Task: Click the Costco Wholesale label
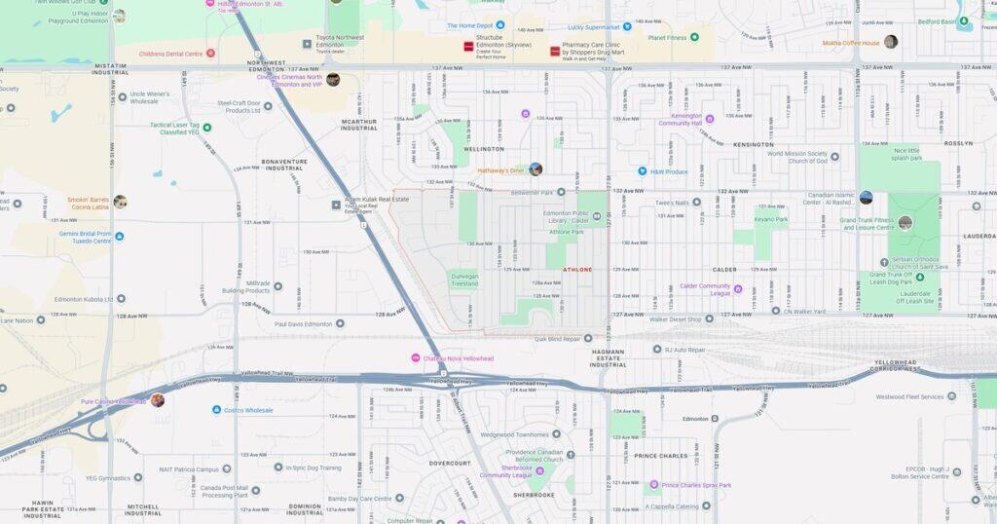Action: (249, 410)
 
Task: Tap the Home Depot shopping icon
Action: (500, 25)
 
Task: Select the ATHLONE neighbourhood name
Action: (577, 269)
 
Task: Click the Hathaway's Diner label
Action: (500, 170)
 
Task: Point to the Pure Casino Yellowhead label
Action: (113, 401)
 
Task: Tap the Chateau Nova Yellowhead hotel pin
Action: (416, 358)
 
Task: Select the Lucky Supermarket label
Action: (594, 27)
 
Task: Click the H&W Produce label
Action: (669, 171)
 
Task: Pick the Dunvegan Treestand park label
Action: (463, 278)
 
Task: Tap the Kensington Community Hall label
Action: (680, 120)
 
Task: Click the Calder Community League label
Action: (705, 288)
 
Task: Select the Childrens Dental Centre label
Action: (171, 54)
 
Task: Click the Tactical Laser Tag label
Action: (173, 128)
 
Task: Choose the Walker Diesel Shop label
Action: (676, 318)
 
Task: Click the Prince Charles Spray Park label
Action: (696, 485)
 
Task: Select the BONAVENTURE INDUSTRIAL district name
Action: (284, 165)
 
